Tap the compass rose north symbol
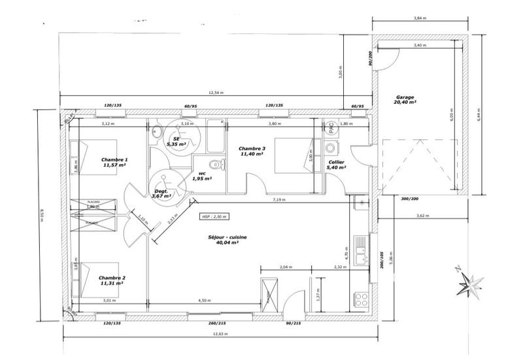[471, 280]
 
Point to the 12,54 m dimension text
[215, 93]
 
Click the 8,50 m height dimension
[42, 215]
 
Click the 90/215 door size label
[293, 323]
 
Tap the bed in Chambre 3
[291, 156]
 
